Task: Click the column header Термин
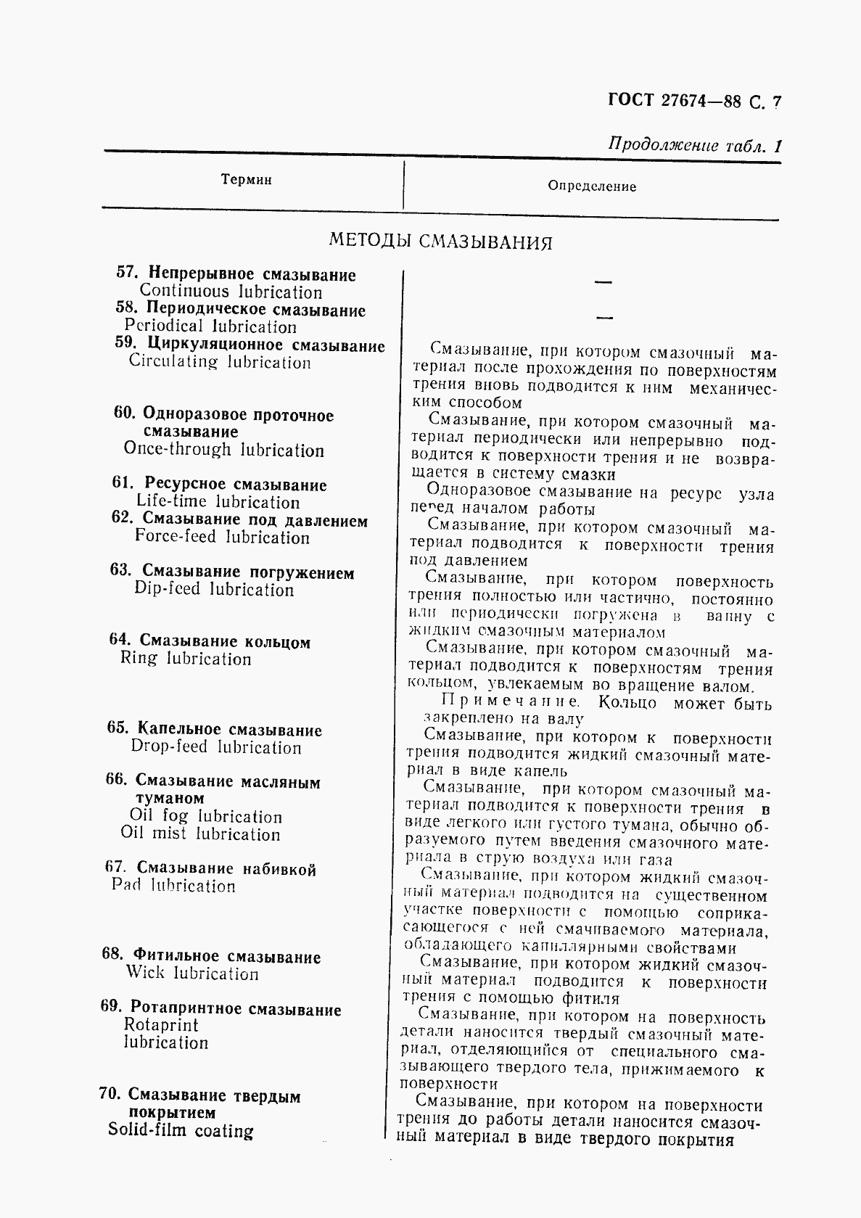click(x=247, y=180)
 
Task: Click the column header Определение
click(x=592, y=186)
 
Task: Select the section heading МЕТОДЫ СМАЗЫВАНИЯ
click(x=440, y=242)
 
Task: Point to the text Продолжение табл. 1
click(x=695, y=145)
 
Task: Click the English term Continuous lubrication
click(x=231, y=293)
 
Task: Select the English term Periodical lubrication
click(x=210, y=327)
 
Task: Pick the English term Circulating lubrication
click(x=220, y=362)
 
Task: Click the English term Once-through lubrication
click(x=223, y=450)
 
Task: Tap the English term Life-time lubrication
click(x=218, y=502)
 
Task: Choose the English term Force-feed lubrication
click(x=222, y=538)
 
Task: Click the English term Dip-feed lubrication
click(x=214, y=590)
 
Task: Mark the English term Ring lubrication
click(x=186, y=659)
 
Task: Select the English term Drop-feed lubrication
click(x=215, y=748)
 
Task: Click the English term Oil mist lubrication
click(x=200, y=834)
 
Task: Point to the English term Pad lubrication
click(x=173, y=886)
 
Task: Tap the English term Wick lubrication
click(x=192, y=974)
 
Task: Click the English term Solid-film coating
click(x=181, y=1130)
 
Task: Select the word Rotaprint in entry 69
click(x=160, y=1025)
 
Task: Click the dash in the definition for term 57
click(x=602, y=282)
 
